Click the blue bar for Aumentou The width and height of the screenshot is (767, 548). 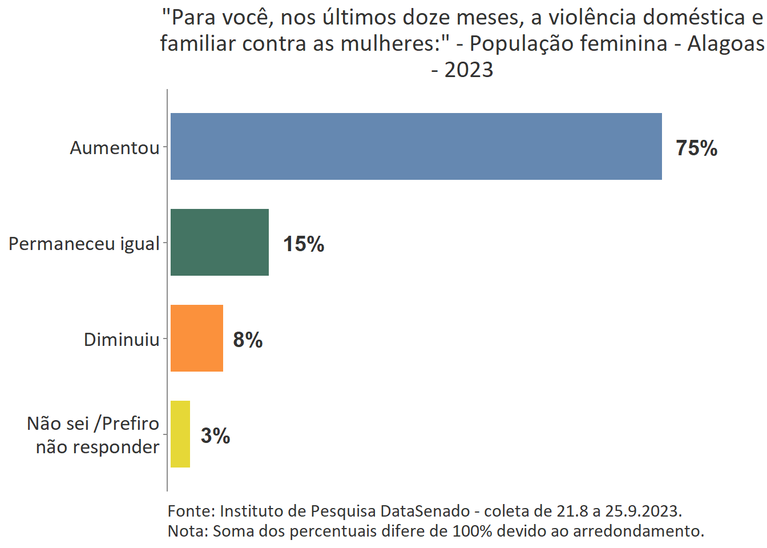[416, 147]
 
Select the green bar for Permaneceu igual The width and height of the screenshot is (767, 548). [220, 243]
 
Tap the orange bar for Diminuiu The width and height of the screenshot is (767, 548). [197, 339]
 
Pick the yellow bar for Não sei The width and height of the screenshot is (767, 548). [180, 434]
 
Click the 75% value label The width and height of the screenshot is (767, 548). [696, 148]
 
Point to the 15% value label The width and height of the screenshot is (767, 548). [304, 244]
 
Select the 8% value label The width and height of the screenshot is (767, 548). [248, 340]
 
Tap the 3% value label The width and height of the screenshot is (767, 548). [215, 436]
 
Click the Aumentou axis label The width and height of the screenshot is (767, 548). [115, 148]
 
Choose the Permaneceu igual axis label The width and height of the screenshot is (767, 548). [84, 244]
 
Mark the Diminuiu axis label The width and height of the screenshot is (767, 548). [122, 340]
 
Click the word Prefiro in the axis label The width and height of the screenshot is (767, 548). [130, 424]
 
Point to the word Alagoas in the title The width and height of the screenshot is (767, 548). [725, 43]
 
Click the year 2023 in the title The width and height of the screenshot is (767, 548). [469, 70]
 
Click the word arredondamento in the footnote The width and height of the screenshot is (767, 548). [638, 531]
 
